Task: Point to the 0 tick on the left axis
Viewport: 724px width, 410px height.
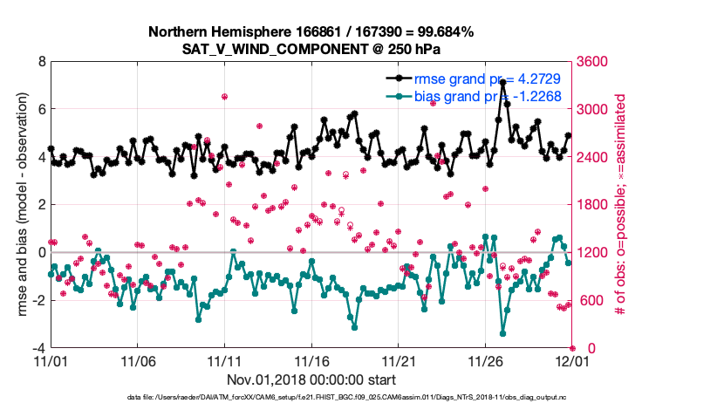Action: point(41,253)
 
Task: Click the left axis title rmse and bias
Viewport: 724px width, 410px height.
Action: point(17,205)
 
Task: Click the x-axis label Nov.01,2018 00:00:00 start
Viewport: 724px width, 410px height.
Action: point(311,379)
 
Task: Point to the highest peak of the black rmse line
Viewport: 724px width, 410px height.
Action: point(503,82)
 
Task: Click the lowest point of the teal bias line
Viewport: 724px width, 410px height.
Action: point(503,332)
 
